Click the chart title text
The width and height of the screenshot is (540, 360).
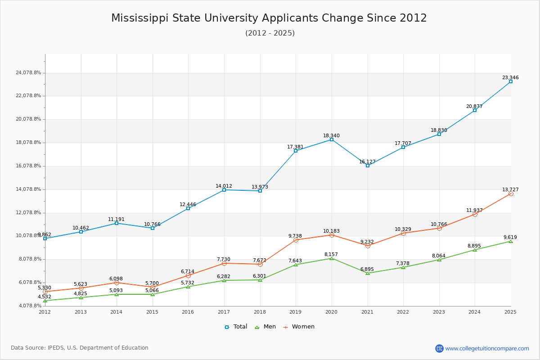click(269, 18)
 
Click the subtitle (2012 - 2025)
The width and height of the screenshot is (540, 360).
click(270, 33)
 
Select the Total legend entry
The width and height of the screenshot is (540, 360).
click(236, 327)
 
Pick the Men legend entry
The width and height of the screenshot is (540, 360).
click(265, 327)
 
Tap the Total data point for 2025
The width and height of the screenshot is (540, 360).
click(511, 81)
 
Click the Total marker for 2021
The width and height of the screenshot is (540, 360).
click(368, 166)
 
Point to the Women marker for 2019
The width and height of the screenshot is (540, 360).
click(296, 240)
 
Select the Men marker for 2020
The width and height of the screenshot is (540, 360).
click(332, 258)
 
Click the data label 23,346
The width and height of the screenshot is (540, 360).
click(510, 77)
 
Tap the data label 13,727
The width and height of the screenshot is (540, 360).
click(510, 189)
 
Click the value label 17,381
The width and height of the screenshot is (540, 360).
click(295, 147)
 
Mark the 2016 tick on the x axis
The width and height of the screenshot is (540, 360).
click(188, 312)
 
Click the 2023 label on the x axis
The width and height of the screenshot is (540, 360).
click(439, 312)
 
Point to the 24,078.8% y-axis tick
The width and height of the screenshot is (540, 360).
click(28, 72)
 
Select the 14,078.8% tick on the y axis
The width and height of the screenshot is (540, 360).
click(28, 189)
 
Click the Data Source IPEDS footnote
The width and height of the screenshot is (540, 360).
click(80, 348)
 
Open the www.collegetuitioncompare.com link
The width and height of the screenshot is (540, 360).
click(487, 348)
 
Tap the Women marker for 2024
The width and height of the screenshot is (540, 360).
click(475, 214)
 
